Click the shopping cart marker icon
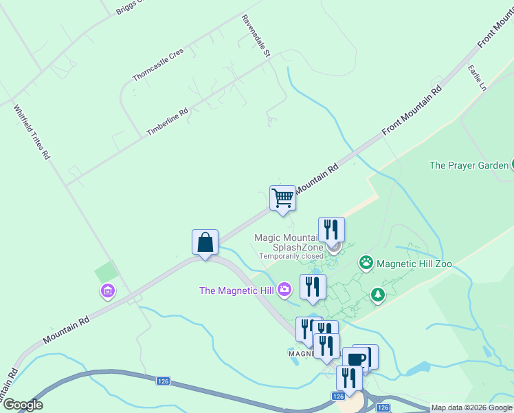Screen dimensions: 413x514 coord(282,198)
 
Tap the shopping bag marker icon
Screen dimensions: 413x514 coord(205,242)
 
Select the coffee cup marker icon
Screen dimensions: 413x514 coord(357,358)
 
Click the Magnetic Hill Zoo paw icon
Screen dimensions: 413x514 coord(366,262)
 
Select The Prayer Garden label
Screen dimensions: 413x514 coord(469,165)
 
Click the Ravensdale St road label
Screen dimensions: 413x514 coord(257,35)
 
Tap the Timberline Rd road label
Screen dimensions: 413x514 coord(167,122)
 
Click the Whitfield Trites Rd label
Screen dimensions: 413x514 coord(32,132)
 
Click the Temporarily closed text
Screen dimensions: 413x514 coord(291,256)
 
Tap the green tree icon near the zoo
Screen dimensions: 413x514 coord(377,295)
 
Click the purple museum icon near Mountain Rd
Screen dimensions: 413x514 coord(107,291)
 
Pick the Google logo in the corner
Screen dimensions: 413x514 coord(23,405)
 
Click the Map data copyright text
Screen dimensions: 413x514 coord(472,408)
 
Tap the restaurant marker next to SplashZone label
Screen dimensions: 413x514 coord(331,229)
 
